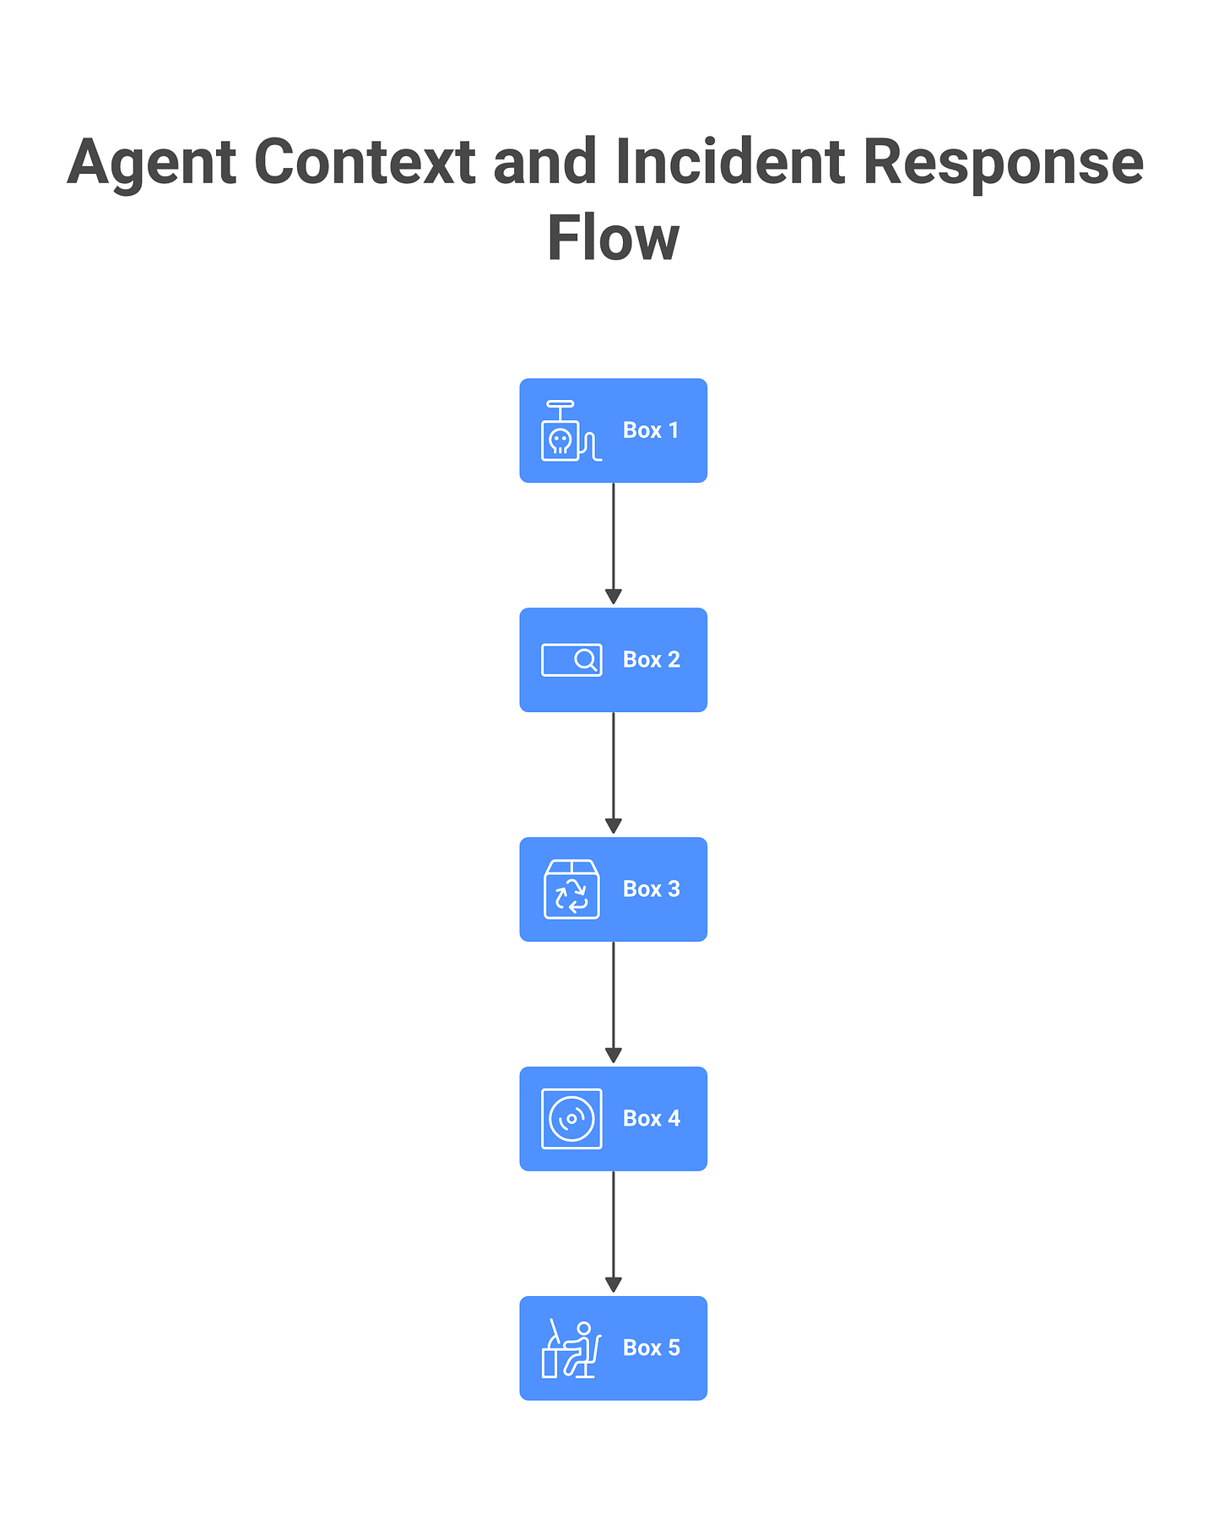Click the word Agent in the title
(152, 162)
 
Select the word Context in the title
(365, 162)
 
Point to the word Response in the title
(1003, 162)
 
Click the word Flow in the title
(613, 239)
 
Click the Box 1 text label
(651, 430)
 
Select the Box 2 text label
(651, 660)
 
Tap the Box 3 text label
(651, 889)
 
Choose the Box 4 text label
(651, 1119)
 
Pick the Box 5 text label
(651, 1348)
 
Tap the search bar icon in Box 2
(571, 660)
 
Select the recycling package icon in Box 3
(571, 889)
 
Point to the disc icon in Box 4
(571, 1119)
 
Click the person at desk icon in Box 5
(571, 1348)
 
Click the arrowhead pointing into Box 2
(614, 597)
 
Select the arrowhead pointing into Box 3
(614, 826)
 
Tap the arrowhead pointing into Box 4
(614, 1056)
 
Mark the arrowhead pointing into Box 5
(614, 1285)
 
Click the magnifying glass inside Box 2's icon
(585, 660)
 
